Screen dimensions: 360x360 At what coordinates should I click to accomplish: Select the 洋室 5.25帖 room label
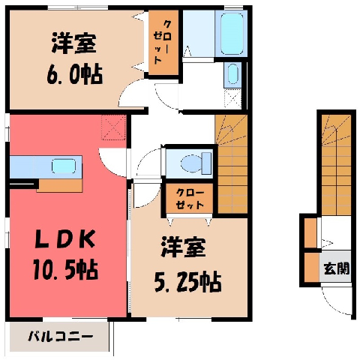[x=187, y=265]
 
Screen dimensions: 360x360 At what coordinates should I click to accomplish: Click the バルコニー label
[x=60, y=337]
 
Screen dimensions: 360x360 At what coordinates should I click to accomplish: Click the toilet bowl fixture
[x=196, y=163]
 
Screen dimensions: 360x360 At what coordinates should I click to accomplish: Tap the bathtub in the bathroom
[x=232, y=34]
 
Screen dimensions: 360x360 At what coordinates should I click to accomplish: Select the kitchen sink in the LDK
[x=64, y=166]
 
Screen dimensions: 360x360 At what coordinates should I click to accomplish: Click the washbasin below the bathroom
[x=233, y=74]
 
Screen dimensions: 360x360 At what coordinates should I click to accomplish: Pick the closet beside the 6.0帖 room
[x=163, y=42]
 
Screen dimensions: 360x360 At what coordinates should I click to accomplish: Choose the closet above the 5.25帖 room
[x=189, y=199]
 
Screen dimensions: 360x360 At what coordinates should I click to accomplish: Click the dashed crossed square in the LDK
[x=114, y=127]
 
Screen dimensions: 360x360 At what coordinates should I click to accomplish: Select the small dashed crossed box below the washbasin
[x=232, y=99]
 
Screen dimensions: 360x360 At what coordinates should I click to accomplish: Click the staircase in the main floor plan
[x=231, y=164]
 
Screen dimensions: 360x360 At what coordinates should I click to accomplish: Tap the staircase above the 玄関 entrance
[x=336, y=165]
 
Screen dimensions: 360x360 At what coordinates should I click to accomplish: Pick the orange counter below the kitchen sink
[x=59, y=185]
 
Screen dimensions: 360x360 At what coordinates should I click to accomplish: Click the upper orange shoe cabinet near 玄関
[x=310, y=232]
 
